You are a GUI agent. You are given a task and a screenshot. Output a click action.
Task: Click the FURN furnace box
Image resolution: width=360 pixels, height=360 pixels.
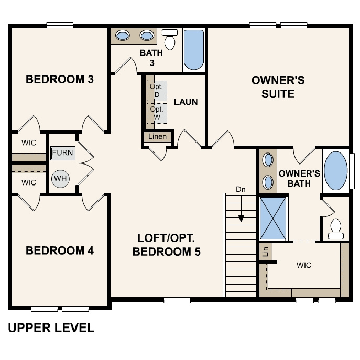pyautogui.click(x=63, y=154)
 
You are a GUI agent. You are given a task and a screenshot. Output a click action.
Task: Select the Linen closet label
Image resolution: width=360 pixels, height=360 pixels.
pyautogui.click(x=157, y=137)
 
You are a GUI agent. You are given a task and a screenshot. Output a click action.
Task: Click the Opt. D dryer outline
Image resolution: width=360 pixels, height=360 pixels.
pyautogui.click(x=157, y=91)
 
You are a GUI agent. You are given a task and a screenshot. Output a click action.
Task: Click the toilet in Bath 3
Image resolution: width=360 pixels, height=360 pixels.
pyautogui.click(x=170, y=39)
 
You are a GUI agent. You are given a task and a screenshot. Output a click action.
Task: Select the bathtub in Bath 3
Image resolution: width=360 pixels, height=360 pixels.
pyautogui.click(x=194, y=50)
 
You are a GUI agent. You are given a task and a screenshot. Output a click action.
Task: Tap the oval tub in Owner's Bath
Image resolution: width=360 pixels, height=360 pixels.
pyautogui.click(x=336, y=171)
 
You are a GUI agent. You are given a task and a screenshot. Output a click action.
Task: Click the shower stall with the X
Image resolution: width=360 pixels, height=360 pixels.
pyautogui.click(x=274, y=217)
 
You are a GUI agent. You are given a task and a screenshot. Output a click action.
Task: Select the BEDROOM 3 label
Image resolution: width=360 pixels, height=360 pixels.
pyautogui.click(x=60, y=80)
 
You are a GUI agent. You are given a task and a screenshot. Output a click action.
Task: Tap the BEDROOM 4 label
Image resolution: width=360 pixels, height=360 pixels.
pyautogui.click(x=60, y=250)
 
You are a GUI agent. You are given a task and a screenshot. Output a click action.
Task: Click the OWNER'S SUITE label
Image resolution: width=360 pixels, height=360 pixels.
pyautogui.click(x=278, y=88)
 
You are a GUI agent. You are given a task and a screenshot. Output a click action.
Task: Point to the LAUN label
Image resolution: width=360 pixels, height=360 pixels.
pyautogui.click(x=186, y=101)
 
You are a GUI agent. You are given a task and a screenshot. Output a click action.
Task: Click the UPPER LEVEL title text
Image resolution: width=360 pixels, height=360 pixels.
pyautogui.click(x=51, y=328)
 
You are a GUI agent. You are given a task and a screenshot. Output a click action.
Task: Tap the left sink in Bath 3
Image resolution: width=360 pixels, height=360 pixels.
pyautogui.click(x=123, y=36)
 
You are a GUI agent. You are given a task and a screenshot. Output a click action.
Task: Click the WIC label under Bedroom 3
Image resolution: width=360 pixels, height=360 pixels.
pyautogui.click(x=29, y=143)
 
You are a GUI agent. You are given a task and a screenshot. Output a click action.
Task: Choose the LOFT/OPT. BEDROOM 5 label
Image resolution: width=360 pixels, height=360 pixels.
pyautogui.click(x=167, y=245)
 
